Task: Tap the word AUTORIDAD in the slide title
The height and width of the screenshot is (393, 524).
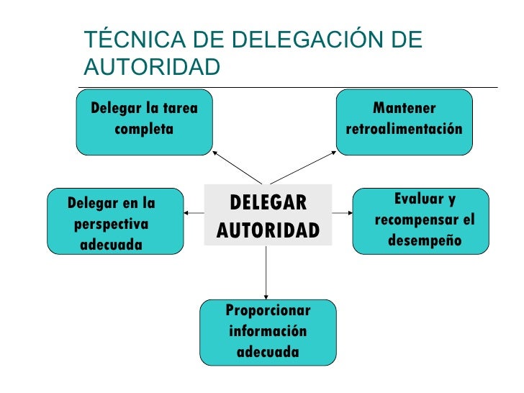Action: (151, 67)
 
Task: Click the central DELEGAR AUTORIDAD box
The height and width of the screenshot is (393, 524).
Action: (268, 214)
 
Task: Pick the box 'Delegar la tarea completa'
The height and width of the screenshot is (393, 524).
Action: (145, 121)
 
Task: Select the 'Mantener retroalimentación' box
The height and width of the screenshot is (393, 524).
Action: (404, 121)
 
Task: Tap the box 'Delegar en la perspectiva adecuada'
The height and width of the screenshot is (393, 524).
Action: (115, 222)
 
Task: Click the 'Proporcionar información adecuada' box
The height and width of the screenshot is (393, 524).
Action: (267, 332)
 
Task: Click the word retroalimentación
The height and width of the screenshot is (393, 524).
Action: (404, 130)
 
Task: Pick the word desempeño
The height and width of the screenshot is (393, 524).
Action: (424, 240)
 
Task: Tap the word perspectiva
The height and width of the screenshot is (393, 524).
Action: (111, 223)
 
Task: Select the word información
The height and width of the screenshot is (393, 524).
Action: (268, 332)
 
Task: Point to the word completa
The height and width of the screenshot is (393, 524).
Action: (144, 130)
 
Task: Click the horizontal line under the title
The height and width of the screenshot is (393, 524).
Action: (288, 87)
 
